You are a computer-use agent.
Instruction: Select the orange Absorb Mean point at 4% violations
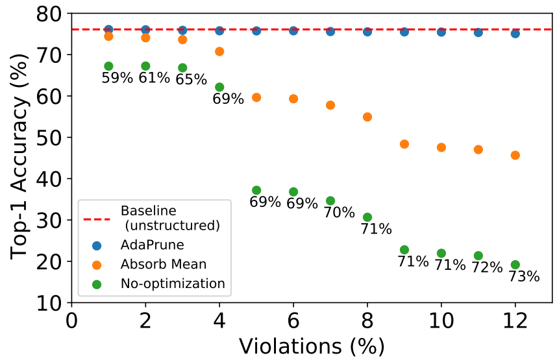(x=219, y=51)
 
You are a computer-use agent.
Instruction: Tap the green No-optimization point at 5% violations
(x=256, y=190)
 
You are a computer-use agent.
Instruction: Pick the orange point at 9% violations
(x=404, y=144)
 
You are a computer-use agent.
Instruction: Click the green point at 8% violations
(x=367, y=217)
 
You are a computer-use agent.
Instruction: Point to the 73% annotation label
(x=524, y=276)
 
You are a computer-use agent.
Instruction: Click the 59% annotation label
(x=117, y=78)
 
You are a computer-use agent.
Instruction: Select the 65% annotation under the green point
(x=191, y=80)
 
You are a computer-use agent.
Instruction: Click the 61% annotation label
(x=154, y=78)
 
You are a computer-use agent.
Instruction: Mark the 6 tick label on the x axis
(x=293, y=321)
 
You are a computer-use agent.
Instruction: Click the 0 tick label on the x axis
(x=71, y=321)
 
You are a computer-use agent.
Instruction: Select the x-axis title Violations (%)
(x=312, y=346)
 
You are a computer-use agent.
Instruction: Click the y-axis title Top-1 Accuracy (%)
(x=20, y=158)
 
